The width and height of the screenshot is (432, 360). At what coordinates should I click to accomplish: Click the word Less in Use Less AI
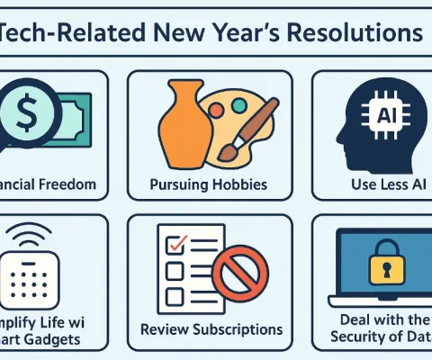click(x=376, y=187)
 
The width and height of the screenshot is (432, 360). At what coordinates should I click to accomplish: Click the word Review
click(x=164, y=329)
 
